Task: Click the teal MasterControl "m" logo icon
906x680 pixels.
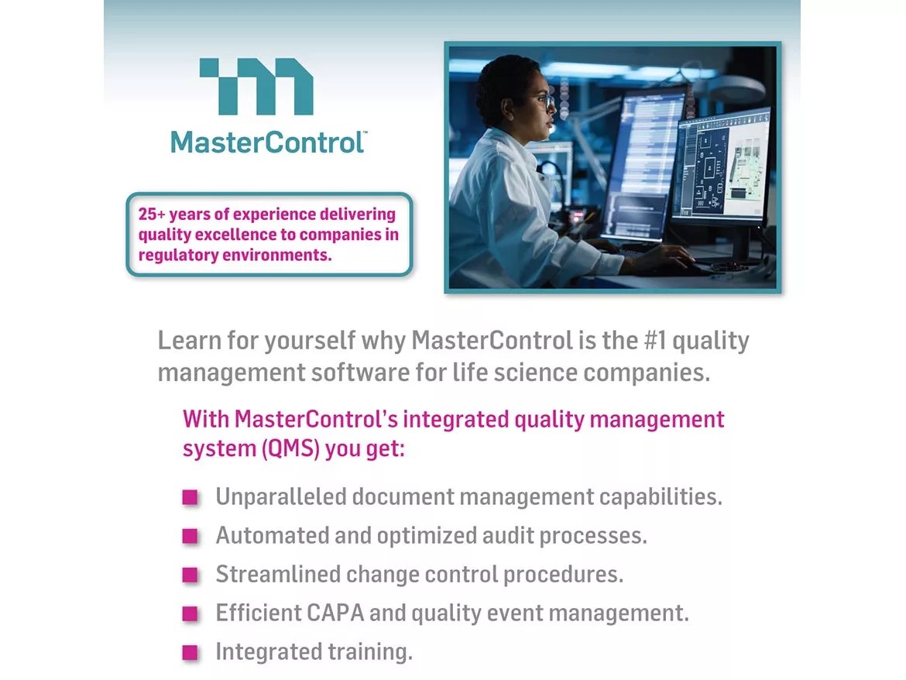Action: [257, 86]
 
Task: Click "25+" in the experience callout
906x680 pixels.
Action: [153, 215]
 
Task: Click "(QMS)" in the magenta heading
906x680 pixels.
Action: [290, 448]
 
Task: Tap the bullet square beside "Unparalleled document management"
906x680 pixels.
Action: [190, 497]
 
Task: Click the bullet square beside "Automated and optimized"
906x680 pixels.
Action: [190, 536]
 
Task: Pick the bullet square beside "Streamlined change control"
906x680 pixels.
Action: [190, 575]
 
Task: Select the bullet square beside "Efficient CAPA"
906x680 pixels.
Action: [190, 614]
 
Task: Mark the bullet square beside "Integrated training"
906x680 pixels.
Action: [190, 653]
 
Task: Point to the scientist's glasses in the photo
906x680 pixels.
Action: [545, 100]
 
